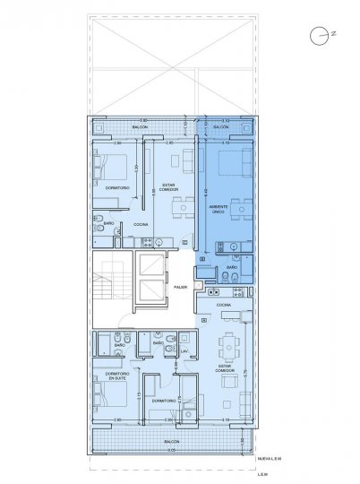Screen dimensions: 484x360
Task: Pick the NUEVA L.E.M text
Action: pos(270,457)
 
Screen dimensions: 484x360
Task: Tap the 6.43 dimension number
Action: pos(205,192)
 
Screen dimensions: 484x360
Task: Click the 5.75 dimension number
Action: pos(246,370)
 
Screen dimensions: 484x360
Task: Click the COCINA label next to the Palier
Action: pos(224,305)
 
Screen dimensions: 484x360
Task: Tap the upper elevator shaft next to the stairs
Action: pos(150,266)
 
